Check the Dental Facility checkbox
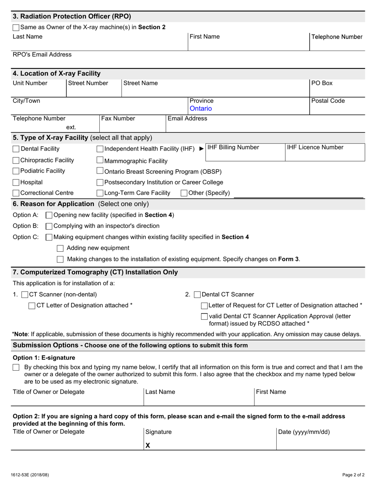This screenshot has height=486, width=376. point(16,149)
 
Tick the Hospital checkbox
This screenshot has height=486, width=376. point(16,183)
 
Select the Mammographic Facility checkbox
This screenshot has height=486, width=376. point(100,160)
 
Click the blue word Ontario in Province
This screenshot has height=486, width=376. point(201,108)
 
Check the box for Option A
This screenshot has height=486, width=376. point(49,215)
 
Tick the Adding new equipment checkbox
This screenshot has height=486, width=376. point(60,249)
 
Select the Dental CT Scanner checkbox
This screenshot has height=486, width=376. point(197,295)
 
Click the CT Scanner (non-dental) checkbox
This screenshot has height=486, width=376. point(25,295)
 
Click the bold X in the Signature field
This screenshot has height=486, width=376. point(148,445)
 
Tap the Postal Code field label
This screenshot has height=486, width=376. point(328,101)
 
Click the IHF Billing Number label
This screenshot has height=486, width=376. point(233,147)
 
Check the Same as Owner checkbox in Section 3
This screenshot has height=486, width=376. point(16,28)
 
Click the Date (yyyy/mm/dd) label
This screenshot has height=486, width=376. point(304,432)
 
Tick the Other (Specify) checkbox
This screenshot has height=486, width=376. point(184,193)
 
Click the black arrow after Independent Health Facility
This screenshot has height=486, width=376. point(201,149)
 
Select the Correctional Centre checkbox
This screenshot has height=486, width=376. point(16,193)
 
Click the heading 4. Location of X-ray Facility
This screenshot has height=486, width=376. point(57,73)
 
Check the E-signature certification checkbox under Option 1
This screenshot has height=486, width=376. point(16,367)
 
